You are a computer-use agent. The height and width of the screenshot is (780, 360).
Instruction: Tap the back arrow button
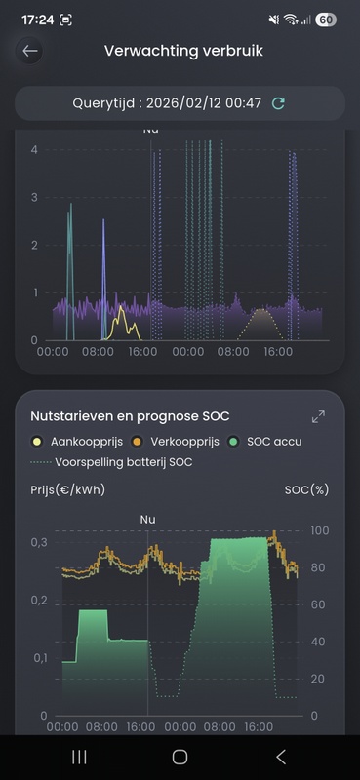click(x=31, y=52)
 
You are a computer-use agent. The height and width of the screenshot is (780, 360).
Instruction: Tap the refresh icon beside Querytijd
click(x=279, y=103)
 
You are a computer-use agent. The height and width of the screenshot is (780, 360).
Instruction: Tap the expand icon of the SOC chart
click(x=318, y=416)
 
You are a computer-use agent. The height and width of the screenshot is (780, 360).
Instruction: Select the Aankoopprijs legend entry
click(x=71, y=442)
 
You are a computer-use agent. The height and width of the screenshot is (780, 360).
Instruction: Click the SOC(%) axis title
click(x=306, y=489)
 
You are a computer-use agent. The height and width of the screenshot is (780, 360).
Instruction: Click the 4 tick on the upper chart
click(x=35, y=149)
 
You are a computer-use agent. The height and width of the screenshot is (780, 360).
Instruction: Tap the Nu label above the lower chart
click(x=148, y=519)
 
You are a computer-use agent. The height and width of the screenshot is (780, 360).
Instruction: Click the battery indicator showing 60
click(x=326, y=19)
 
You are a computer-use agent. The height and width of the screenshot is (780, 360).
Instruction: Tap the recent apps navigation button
click(x=80, y=757)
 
